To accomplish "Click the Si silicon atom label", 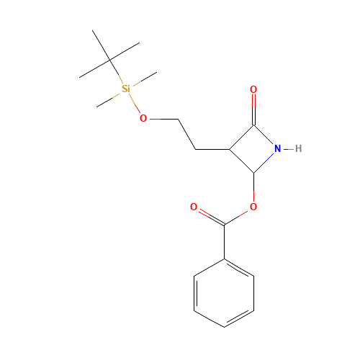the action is [126, 89].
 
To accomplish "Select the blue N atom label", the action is [277, 148].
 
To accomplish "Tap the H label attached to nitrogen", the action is [298, 148].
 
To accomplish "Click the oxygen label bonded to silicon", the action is [143, 118].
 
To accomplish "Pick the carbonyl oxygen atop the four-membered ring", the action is [253, 89].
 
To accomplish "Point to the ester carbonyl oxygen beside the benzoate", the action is [194, 207].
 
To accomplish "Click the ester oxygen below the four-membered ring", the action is [253, 207].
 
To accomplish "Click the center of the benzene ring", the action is [224, 293].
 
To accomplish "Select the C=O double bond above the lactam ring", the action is [253, 110].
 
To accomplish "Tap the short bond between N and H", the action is [289, 149].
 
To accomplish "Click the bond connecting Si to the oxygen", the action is [135, 103].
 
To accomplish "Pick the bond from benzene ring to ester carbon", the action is [224, 242].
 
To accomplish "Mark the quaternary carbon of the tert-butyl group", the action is [109, 60].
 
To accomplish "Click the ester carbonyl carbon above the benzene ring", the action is [224, 225].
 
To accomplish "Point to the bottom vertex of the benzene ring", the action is [224, 327].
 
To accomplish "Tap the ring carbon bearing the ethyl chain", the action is [230, 149].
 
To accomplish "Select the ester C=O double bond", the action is [211, 217].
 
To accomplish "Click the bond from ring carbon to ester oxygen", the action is [253, 187].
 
